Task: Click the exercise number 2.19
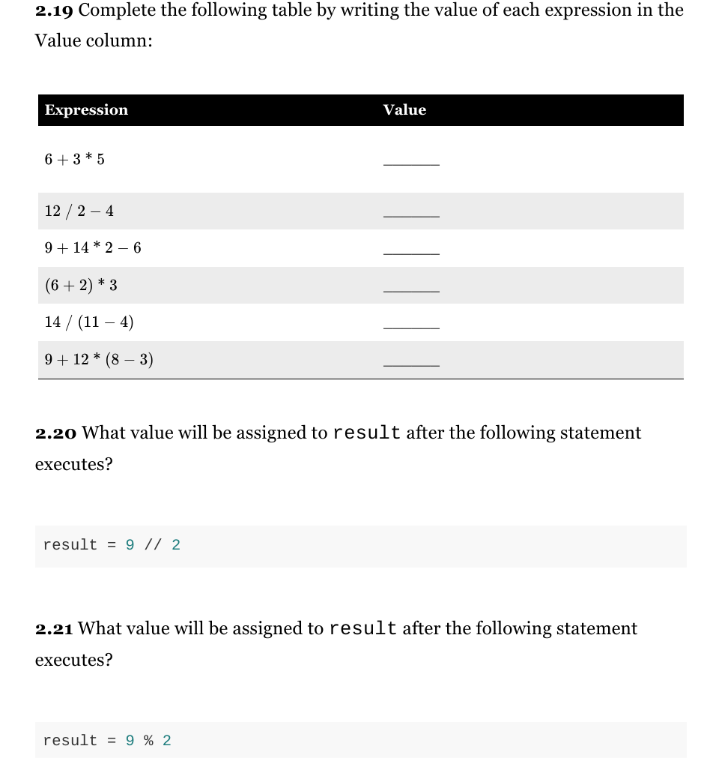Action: point(55,10)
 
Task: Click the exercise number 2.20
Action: point(56,433)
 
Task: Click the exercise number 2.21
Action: point(55,629)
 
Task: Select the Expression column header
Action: point(86,110)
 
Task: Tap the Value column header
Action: point(404,110)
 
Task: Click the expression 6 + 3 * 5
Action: point(74,159)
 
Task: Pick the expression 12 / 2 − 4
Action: point(79,211)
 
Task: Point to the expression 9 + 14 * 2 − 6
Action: point(93,247)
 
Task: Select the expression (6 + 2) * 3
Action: point(81,285)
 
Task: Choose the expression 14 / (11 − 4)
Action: point(89,322)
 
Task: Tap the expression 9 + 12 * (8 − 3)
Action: point(99,360)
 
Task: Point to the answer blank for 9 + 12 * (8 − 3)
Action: point(411,364)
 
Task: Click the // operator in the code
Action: point(153,545)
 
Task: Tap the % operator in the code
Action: point(148,741)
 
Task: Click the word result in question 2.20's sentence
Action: point(367,433)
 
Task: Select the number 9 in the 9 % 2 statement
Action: point(130,741)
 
